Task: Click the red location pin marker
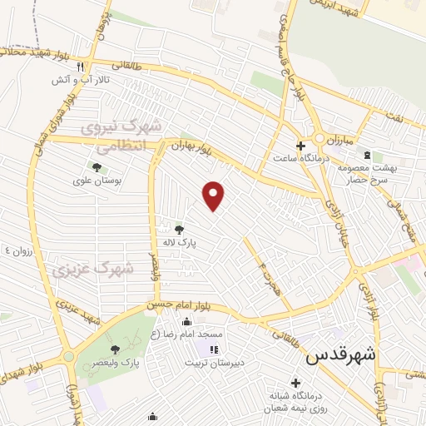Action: (x=215, y=196)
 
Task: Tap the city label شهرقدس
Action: (x=341, y=355)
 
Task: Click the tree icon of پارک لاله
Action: (x=180, y=228)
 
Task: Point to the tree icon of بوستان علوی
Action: (x=97, y=167)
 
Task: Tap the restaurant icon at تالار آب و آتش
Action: (x=80, y=67)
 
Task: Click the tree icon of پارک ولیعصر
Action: (x=115, y=349)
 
